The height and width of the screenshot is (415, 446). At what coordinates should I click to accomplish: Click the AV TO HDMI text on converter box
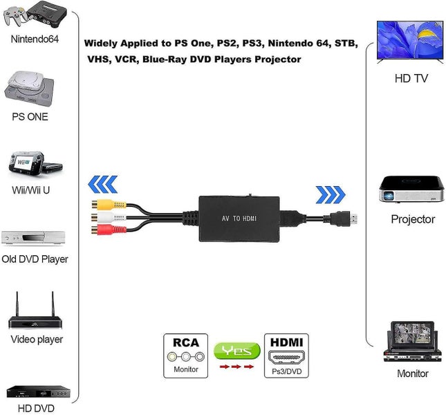239,219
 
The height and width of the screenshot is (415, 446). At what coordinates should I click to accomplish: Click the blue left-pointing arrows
104,185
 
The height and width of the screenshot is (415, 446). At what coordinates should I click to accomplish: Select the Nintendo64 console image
34,15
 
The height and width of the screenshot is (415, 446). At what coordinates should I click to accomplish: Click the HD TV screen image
410,41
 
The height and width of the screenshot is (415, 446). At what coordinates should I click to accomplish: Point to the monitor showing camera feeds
411,340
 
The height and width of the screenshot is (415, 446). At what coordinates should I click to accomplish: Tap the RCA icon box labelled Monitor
186,356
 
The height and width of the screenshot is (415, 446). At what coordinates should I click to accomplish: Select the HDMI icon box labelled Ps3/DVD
287,356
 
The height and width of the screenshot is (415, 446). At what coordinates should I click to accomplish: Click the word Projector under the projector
413,219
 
